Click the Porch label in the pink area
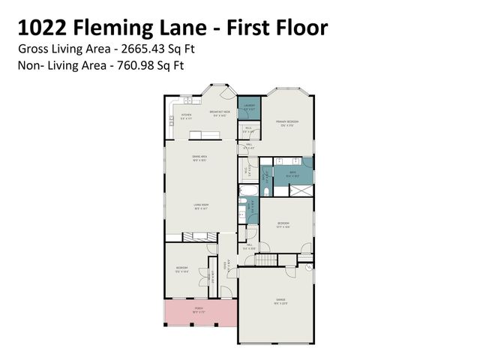tap(199, 308)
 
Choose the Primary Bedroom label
tap(287, 121)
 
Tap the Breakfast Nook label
tap(219, 113)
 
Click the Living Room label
tap(201, 205)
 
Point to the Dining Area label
tap(199, 157)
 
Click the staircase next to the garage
tap(268, 260)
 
